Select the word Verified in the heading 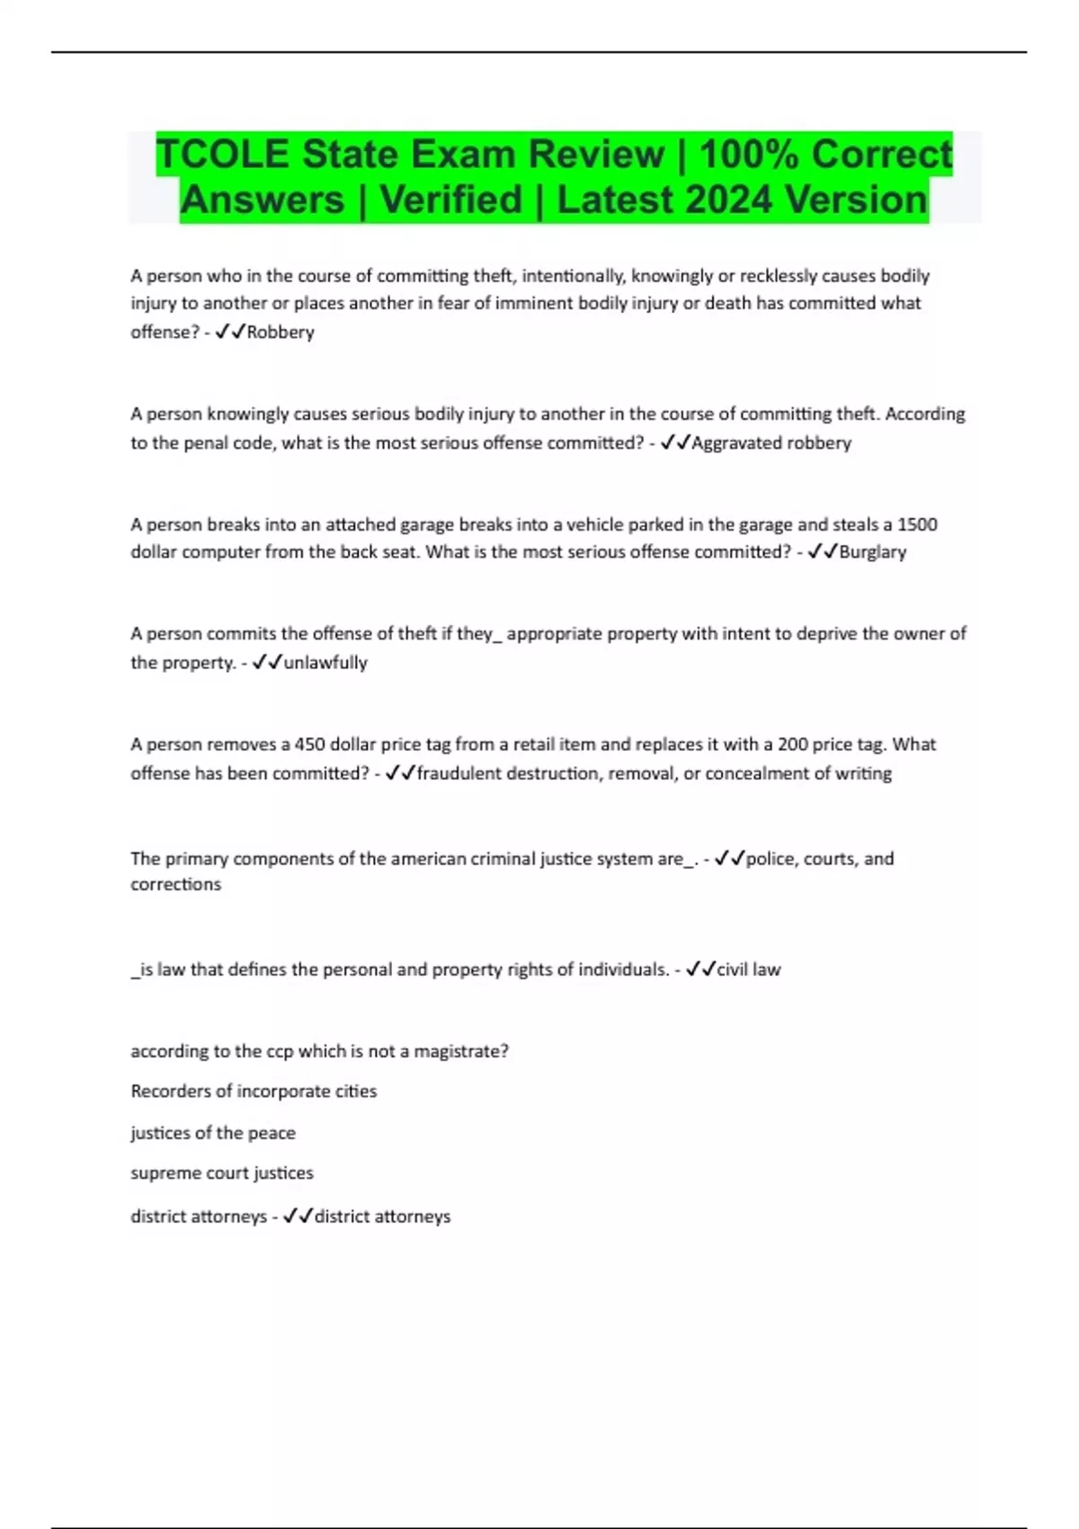pyautogui.click(x=450, y=200)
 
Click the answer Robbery pyautogui.click(x=281, y=332)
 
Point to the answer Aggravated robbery pyautogui.click(x=771, y=443)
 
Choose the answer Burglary pyautogui.click(x=872, y=551)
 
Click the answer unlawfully pyautogui.click(x=325, y=663)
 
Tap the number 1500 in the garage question pyautogui.click(x=917, y=524)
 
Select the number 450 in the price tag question pyautogui.click(x=310, y=745)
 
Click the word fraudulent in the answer pyautogui.click(x=459, y=773)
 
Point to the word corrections pyautogui.click(x=175, y=884)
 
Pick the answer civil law pyautogui.click(x=748, y=970)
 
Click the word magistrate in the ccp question pyautogui.click(x=459, y=1051)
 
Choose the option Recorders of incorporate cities pyautogui.click(x=254, y=1091)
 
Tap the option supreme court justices pyautogui.click(x=222, y=1173)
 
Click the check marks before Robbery pyautogui.click(x=230, y=332)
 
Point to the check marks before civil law pyautogui.click(x=700, y=970)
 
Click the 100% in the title pyautogui.click(x=748, y=154)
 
